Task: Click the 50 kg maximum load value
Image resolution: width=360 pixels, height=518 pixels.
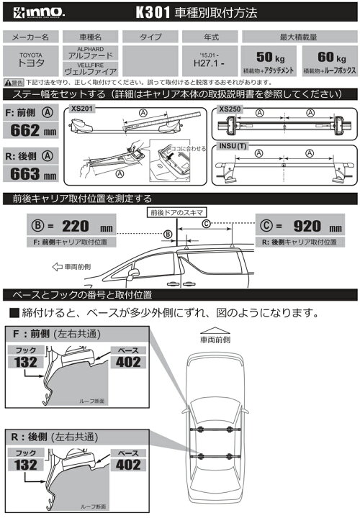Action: pos(266,56)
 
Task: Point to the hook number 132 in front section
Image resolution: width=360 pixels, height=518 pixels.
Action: pos(27,362)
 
